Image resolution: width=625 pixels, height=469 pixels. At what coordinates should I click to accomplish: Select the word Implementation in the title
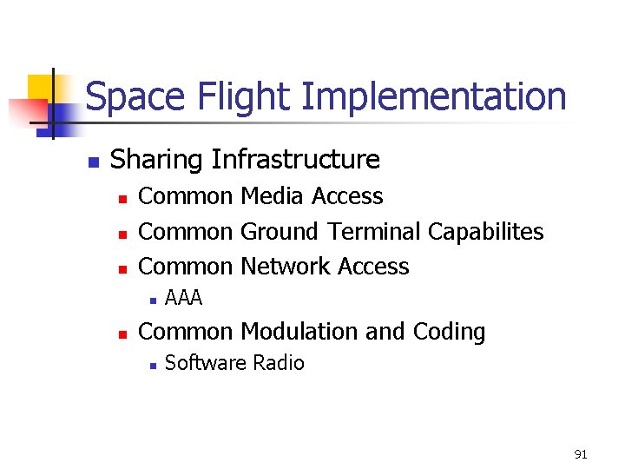click(x=433, y=96)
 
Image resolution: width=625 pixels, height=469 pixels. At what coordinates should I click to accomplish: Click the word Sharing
click(x=157, y=160)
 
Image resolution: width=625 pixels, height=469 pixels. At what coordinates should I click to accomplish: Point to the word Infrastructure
click(x=296, y=160)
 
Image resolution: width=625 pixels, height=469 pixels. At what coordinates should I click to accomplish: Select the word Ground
click(x=280, y=232)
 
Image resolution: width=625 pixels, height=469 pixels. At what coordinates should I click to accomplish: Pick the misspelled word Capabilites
click(x=486, y=232)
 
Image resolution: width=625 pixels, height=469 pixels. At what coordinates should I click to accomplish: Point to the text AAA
click(x=183, y=299)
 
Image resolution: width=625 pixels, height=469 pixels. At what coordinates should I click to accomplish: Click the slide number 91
click(x=581, y=454)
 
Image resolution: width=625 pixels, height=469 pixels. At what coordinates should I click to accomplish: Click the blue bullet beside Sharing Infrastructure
click(x=93, y=162)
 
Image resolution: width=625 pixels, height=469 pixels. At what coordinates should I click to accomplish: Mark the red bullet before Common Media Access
click(x=123, y=199)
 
